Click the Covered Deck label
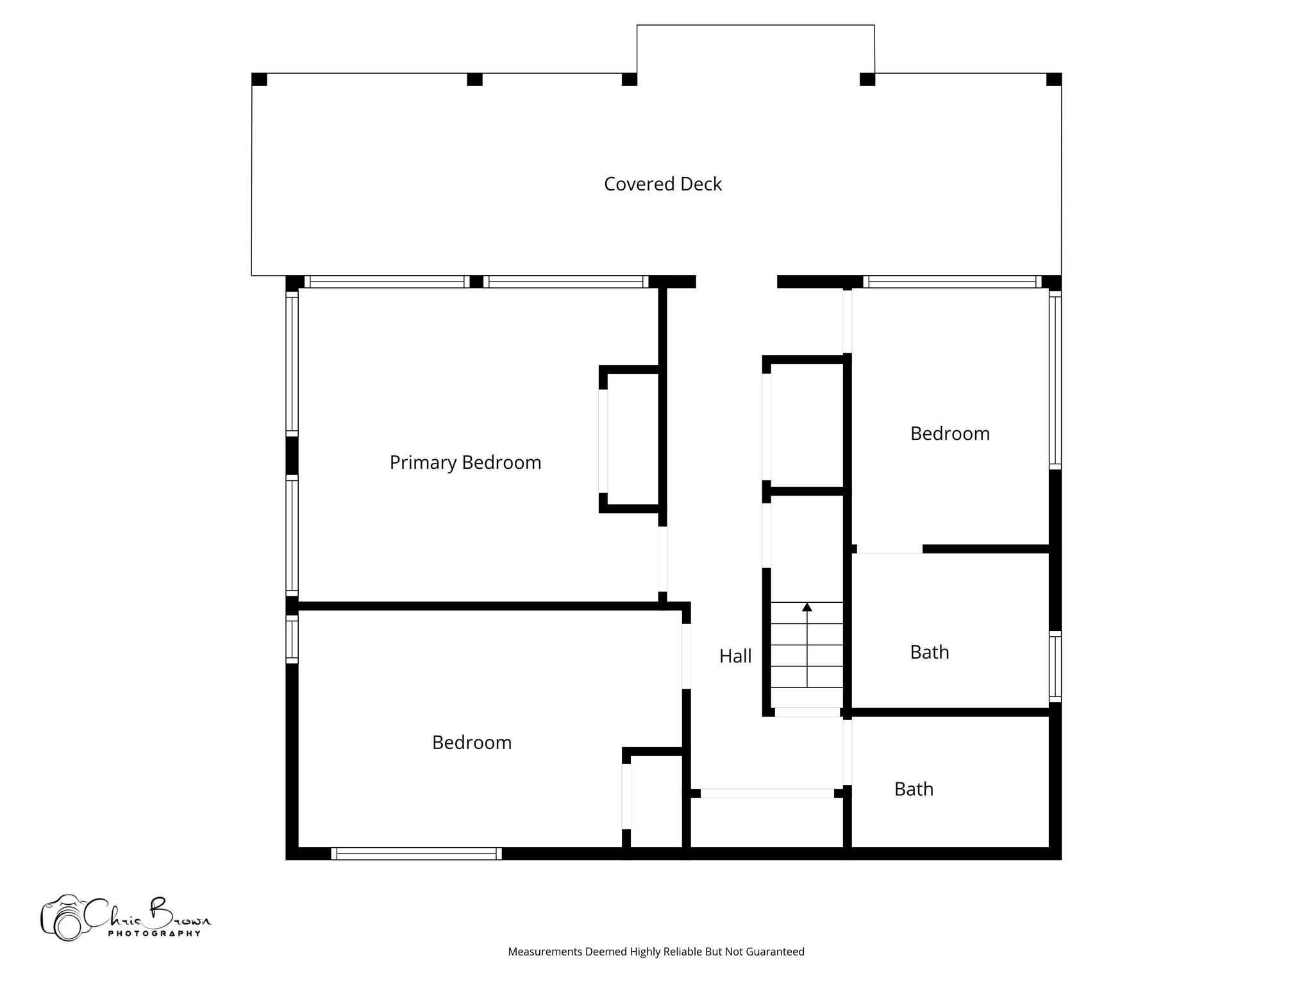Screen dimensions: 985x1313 (662, 184)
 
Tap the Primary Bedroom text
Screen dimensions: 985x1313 (465, 462)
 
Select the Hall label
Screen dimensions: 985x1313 (735, 656)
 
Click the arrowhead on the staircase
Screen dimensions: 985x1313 (807, 607)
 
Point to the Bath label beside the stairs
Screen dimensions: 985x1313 (929, 652)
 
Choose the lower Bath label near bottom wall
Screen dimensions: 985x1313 (914, 789)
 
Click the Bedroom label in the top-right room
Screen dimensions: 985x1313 (949, 434)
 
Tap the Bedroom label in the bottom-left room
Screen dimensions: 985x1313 (471, 743)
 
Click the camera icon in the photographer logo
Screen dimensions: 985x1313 (62, 918)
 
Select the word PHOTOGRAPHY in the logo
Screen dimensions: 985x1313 (154, 933)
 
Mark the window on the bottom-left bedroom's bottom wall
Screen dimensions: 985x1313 (417, 854)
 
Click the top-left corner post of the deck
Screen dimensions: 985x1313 (259, 80)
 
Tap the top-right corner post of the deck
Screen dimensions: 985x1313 (1053, 80)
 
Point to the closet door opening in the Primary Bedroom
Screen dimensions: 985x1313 (603, 441)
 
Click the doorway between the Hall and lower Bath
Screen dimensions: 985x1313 (847, 752)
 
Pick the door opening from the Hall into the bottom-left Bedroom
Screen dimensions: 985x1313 (686, 656)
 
